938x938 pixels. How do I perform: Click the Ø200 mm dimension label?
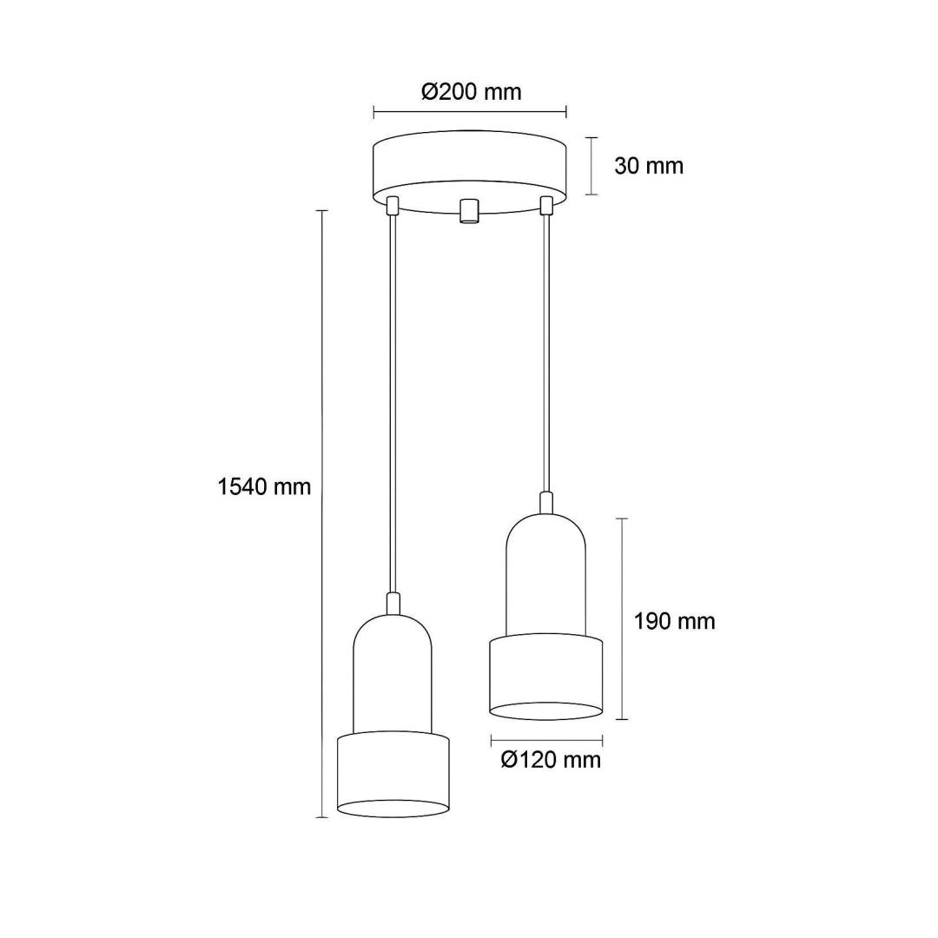(472, 91)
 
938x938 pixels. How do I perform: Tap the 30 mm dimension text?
(649, 166)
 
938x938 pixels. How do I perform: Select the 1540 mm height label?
(264, 487)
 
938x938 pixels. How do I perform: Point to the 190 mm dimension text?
(674, 622)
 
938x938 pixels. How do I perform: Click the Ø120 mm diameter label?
(551, 760)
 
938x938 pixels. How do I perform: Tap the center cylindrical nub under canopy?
(468, 211)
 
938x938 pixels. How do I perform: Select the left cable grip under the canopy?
(393, 205)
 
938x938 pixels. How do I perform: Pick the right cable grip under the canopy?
(545, 205)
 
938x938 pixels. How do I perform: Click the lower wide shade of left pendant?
(393, 774)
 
